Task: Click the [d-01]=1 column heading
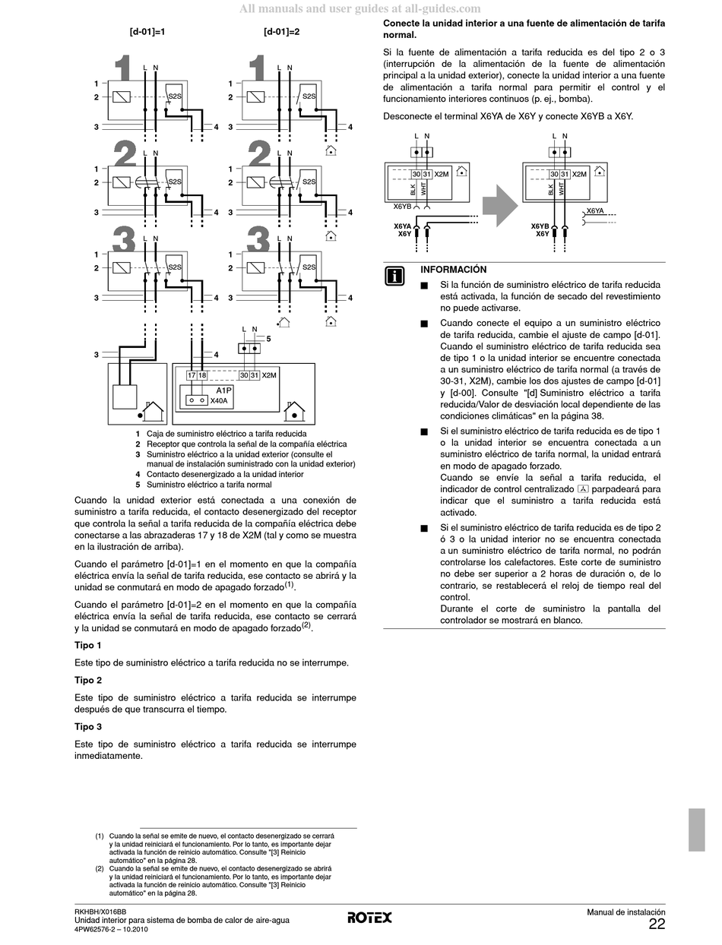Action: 147,33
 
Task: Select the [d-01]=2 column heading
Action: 281,33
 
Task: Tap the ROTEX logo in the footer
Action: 370,918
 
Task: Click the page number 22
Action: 657,924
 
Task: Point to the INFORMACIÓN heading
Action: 453,270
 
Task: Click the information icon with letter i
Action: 394,277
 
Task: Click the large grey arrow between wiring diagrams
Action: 500,205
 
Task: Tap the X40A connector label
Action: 219,400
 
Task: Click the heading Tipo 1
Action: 88,646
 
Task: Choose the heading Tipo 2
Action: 88,681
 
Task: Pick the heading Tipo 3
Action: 88,727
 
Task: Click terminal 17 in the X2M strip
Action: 192,375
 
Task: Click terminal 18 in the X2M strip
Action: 202,375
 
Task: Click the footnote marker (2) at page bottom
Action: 100,868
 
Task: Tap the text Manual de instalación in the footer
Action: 625,912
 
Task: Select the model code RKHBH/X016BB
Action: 100,912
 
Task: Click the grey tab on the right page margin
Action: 696,830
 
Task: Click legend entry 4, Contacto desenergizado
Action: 224,474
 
